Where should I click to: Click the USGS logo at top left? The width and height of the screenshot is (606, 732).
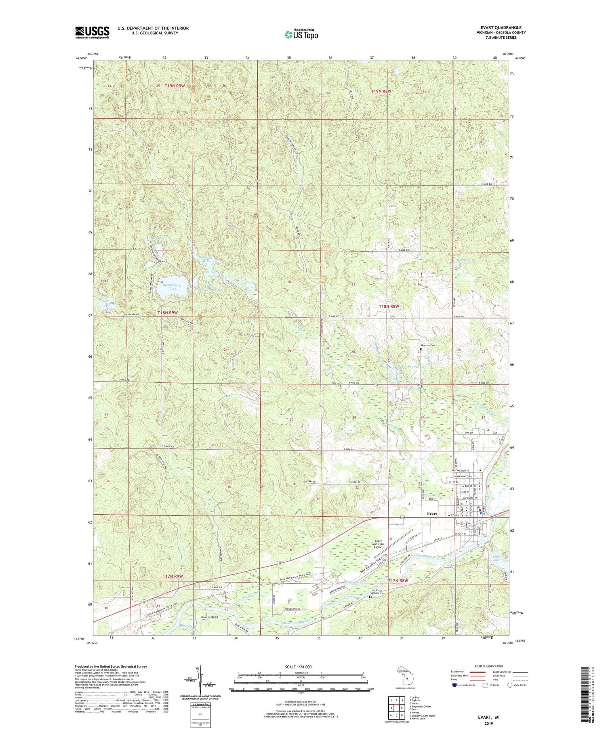(x=92, y=32)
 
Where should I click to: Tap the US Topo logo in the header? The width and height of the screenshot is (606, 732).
(x=301, y=35)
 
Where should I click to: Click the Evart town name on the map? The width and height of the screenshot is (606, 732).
(x=432, y=514)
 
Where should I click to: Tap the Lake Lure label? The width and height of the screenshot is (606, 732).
(x=497, y=559)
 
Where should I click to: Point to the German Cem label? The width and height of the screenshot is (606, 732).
(x=428, y=345)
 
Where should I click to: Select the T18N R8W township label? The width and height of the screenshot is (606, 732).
(x=389, y=306)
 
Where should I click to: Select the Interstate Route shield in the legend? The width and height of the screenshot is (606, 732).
(x=455, y=685)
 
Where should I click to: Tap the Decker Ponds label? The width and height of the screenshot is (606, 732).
(x=406, y=366)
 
